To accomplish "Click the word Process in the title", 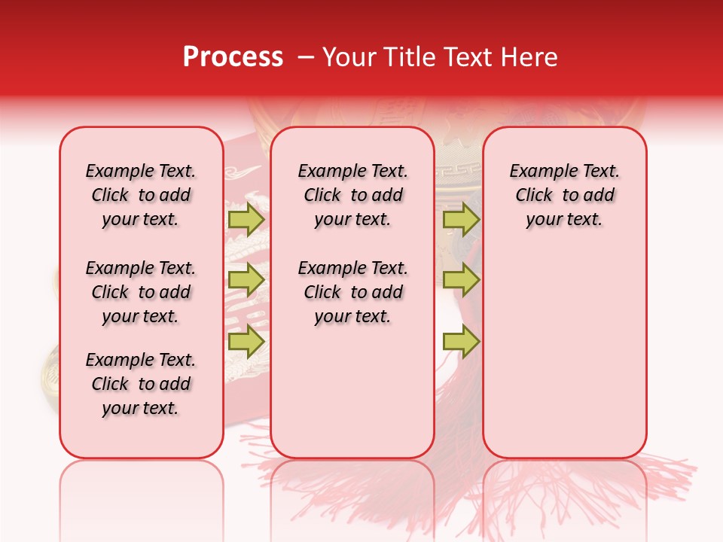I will [x=233, y=57].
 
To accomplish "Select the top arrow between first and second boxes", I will [x=246, y=219].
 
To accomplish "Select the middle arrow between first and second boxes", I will [x=246, y=280].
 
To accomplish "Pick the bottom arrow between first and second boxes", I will [x=246, y=341].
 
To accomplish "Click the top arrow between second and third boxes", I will [x=461, y=219].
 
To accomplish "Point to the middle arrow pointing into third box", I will [x=461, y=280].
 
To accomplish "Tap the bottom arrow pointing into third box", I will [x=461, y=341].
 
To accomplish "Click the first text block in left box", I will [x=141, y=195].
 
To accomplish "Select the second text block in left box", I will [x=141, y=292].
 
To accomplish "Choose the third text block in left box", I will [x=141, y=384].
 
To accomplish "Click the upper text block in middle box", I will [x=352, y=195].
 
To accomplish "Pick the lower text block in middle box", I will [x=352, y=292].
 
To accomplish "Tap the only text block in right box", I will [x=564, y=195].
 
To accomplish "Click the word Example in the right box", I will [x=538, y=172].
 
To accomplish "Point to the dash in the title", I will [x=306, y=58].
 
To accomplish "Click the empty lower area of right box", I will [x=564, y=354].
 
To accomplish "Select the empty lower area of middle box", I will [x=352, y=391].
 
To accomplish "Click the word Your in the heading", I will [x=349, y=57].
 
